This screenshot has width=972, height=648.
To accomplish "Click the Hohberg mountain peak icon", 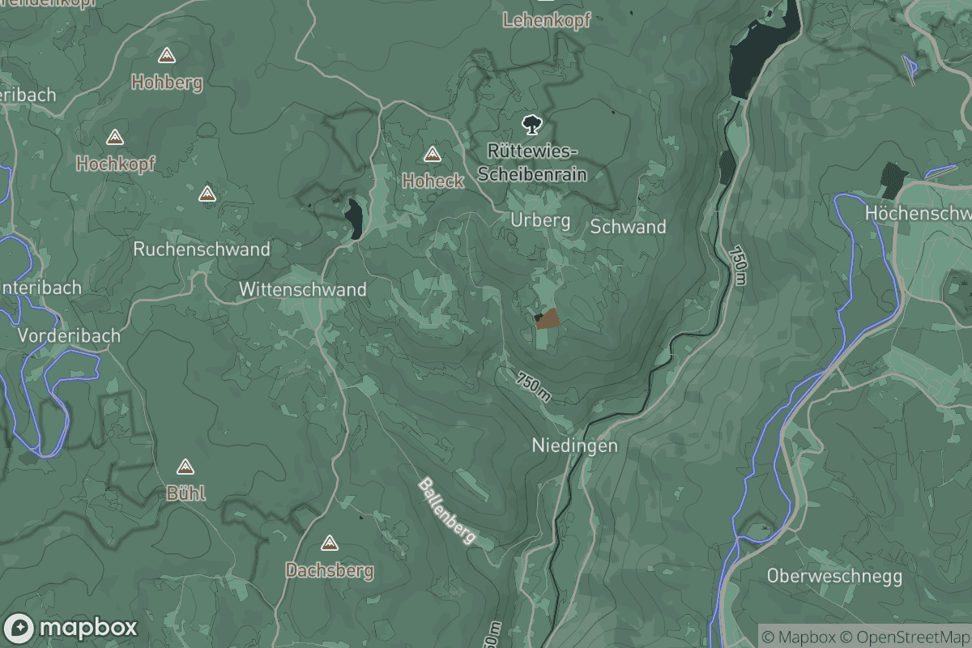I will click(x=167, y=56).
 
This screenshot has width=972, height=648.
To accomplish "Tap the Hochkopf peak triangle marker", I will click(x=114, y=138).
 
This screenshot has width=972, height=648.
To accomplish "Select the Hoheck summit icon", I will click(x=433, y=154).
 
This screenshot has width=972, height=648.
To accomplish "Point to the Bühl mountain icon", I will click(x=185, y=467).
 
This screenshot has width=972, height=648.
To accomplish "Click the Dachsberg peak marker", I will click(x=329, y=543).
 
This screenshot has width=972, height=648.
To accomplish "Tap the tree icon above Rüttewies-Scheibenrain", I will click(x=531, y=125).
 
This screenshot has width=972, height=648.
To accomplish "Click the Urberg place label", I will click(x=540, y=220).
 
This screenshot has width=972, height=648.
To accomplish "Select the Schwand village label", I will click(x=628, y=227).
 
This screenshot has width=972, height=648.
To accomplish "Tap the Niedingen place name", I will click(x=574, y=446).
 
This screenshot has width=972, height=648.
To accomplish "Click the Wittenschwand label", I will click(x=302, y=289).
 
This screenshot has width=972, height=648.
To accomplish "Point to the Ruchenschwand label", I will click(x=201, y=249).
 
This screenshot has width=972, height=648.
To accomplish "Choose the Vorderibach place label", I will click(x=69, y=335).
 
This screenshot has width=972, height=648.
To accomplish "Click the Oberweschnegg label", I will click(x=834, y=577).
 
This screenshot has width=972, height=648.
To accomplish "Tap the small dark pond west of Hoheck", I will click(x=354, y=218).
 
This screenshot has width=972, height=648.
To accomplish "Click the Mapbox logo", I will click(x=71, y=628).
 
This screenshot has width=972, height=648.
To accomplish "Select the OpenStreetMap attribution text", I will click(x=905, y=637).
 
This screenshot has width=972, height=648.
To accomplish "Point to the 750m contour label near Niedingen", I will click(x=534, y=386).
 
